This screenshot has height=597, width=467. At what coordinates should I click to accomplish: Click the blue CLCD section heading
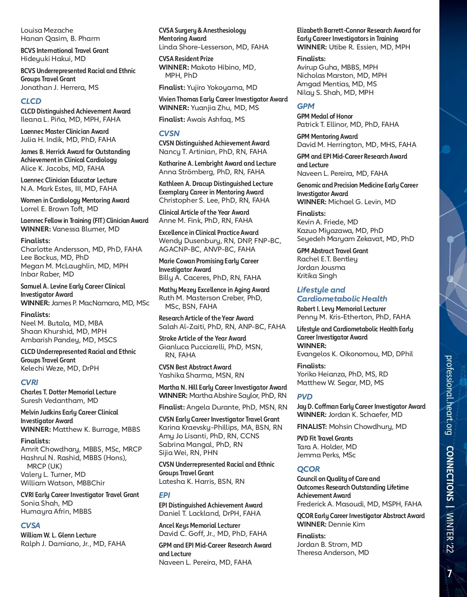31,101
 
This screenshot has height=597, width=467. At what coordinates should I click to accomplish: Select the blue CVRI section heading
30,382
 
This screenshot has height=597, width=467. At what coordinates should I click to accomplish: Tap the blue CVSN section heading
169,133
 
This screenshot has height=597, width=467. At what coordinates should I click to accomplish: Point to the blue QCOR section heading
308,469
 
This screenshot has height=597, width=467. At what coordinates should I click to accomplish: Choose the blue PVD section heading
305,397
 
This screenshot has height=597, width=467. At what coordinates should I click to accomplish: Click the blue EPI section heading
165,495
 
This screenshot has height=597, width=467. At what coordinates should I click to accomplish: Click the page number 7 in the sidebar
449,573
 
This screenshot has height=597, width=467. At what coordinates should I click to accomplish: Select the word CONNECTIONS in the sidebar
449,473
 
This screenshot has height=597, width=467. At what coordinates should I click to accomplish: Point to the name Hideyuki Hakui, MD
53,59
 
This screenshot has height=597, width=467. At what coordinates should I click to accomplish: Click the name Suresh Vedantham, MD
59,401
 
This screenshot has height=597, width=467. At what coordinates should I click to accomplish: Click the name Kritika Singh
317,276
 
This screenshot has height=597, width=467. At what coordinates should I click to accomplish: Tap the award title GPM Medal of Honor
325,116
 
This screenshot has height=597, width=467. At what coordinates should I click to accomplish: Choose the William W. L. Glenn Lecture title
58,535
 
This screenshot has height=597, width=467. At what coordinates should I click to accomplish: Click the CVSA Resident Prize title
186,59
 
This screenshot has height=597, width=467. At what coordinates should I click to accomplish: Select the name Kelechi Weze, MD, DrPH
60,368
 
